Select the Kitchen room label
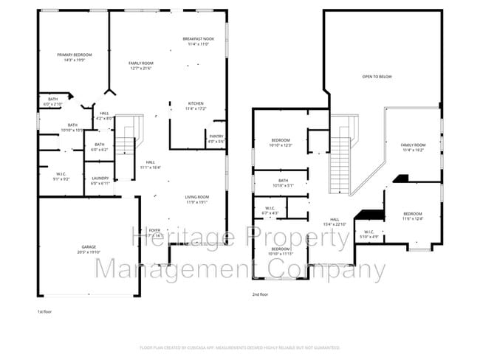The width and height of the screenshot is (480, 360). pyautogui.click(x=196, y=105)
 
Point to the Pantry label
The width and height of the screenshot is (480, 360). pyautogui.click(x=216, y=139)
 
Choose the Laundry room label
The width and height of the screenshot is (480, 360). pyautogui.click(x=100, y=180)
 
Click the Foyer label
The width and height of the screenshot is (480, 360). pyautogui.click(x=155, y=232)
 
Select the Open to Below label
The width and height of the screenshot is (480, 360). pyautogui.click(x=376, y=76)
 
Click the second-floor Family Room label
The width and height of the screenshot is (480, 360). pyautogui.click(x=414, y=147)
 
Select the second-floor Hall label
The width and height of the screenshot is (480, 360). pyautogui.click(x=334, y=222)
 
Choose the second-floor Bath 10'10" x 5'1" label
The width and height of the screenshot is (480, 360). pyautogui.click(x=283, y=182)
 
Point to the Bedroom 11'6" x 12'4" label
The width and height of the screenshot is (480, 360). pyautogui.click(x=412, y=216)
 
